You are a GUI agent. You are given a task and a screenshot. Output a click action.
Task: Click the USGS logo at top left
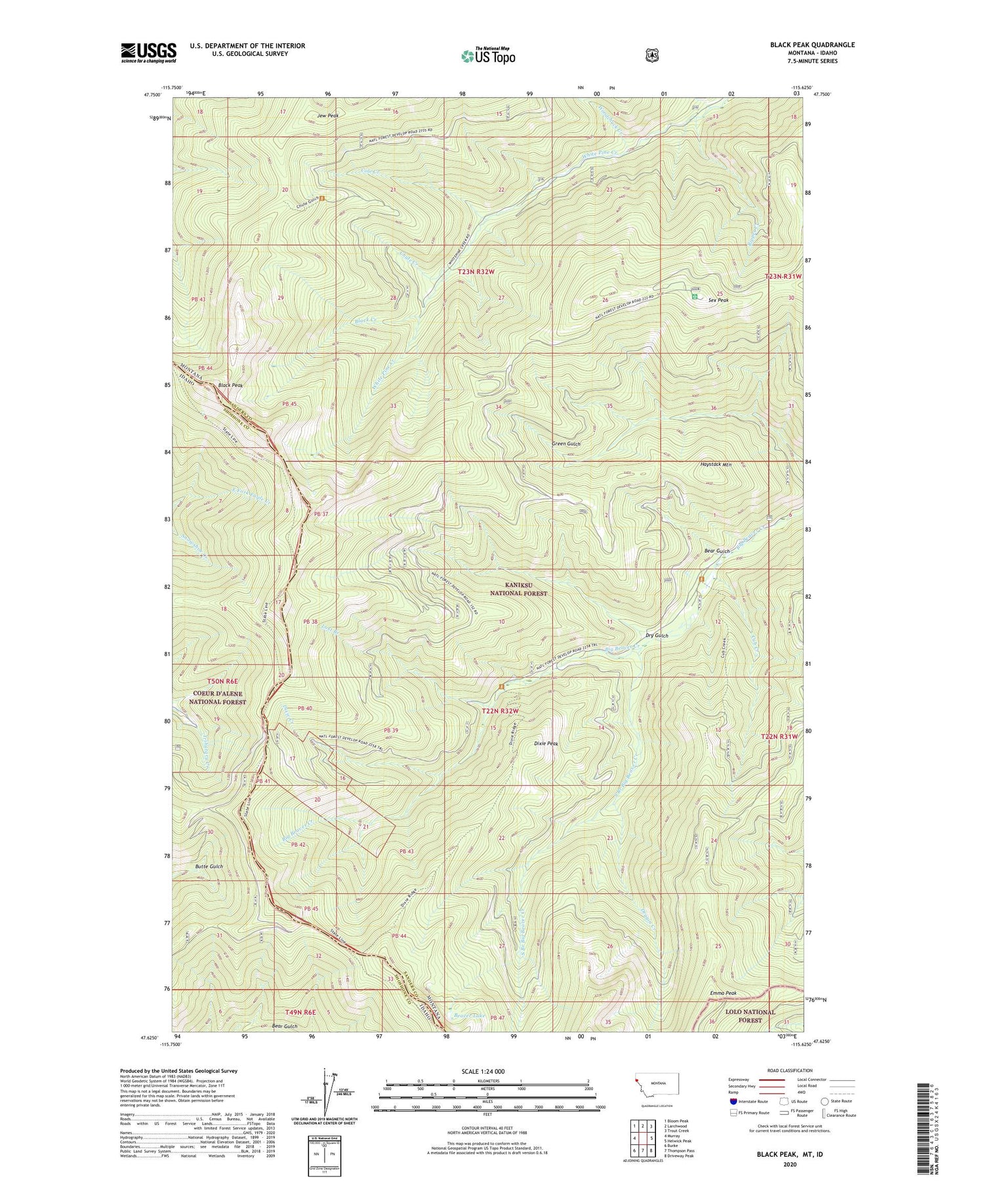[149, 52]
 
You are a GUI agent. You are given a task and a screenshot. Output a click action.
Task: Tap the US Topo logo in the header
[488, 56]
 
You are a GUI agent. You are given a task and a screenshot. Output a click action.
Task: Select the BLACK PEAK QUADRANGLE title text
[812, 45]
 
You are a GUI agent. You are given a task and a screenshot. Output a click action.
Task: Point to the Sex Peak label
[718, 300]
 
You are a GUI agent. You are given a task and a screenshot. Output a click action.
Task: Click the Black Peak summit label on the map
[231, 386]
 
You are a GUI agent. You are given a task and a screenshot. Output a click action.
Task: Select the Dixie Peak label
[546, 744]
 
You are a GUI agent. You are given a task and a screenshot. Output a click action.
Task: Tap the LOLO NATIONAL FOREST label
[750, 1016]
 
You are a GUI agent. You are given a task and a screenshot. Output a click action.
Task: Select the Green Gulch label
[566, 444]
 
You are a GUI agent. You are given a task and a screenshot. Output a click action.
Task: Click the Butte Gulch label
[209, 866]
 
